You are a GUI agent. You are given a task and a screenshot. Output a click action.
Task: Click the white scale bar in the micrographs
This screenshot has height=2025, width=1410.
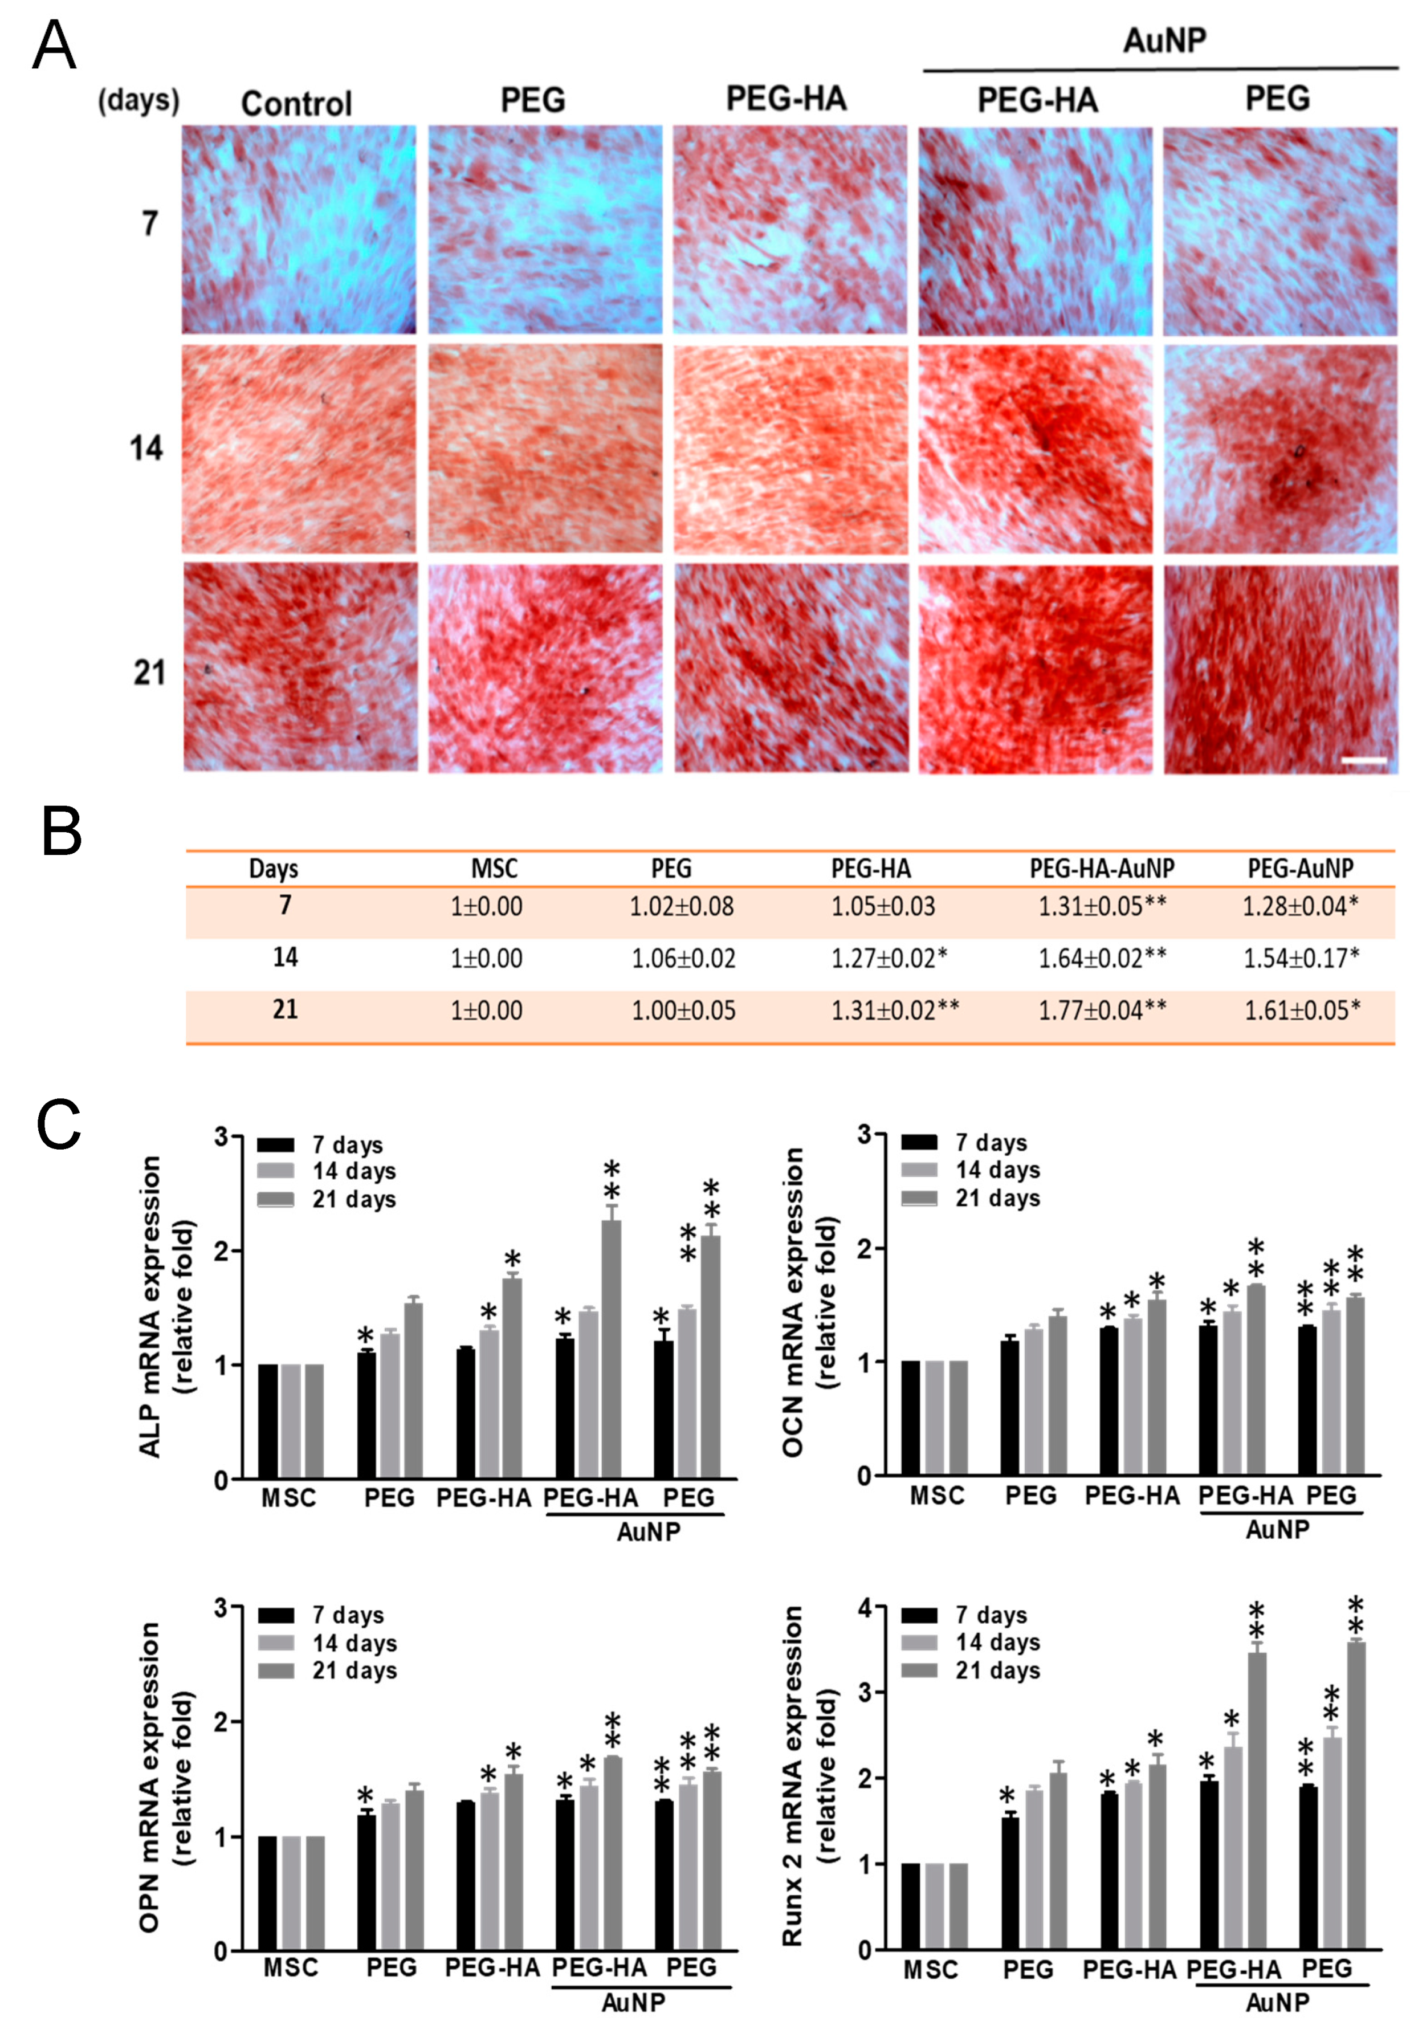(x=1363, y=759)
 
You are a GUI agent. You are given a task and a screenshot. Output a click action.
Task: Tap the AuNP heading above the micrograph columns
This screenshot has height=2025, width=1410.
(x=1163, y=40)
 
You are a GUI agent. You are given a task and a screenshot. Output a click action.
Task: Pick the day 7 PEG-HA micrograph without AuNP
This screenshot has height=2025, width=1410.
(x=790, y=229)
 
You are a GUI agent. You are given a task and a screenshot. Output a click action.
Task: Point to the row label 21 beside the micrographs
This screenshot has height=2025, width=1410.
(x=149, y=673)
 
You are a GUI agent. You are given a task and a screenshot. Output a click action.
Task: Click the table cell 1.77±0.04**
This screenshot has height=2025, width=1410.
(x=1101, y=1010)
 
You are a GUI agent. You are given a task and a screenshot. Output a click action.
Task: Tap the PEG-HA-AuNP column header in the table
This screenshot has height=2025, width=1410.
(x=1101, y=869)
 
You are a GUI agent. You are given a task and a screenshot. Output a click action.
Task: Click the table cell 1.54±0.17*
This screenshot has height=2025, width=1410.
(x=1301, y=958)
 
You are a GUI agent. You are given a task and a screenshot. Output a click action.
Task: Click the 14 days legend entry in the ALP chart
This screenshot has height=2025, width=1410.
(x=353, y=1171)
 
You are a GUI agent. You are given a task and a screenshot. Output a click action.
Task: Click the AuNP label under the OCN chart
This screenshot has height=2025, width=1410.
(x=1276, y=1529)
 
